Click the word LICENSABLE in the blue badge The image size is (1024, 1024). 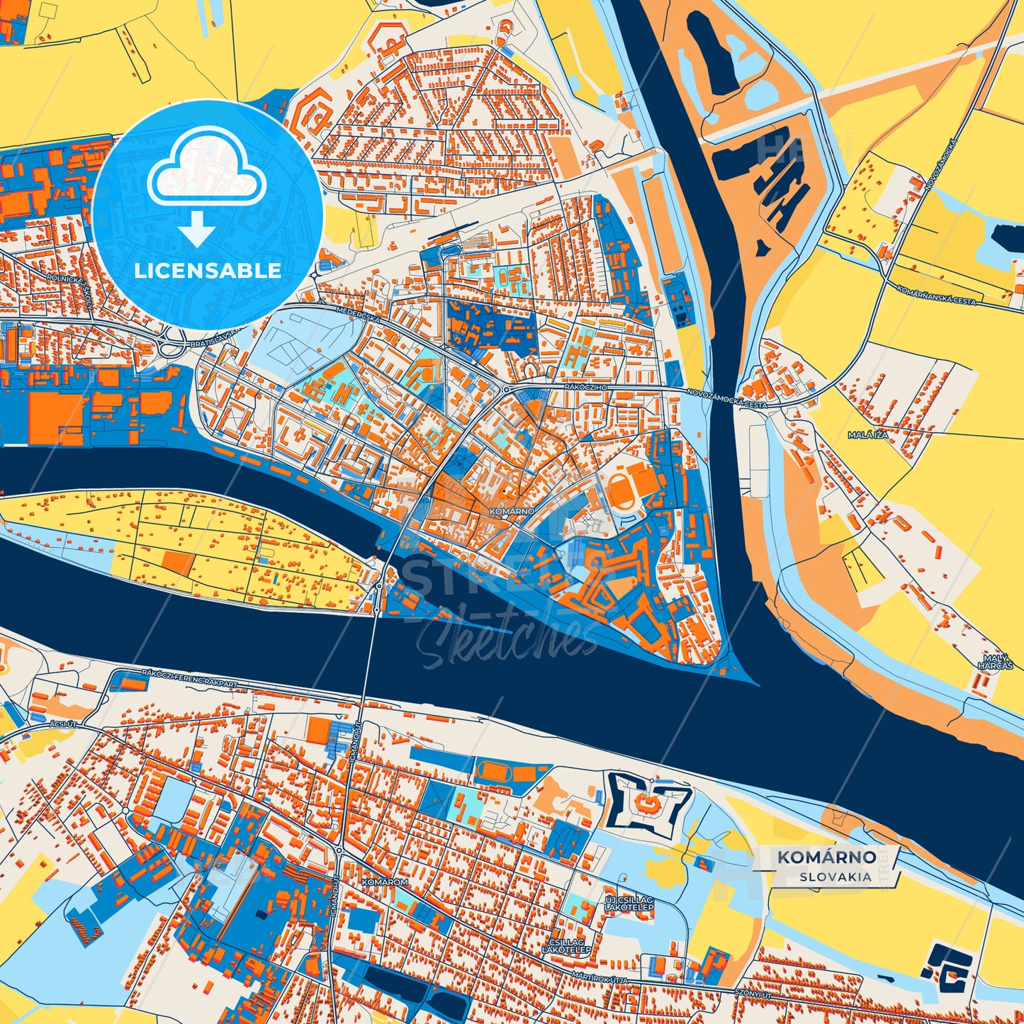click(208, 271)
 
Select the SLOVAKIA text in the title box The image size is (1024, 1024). click(835, 877)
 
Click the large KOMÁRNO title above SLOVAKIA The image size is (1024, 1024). click(826, 857)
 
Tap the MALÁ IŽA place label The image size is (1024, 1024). click(867, 434)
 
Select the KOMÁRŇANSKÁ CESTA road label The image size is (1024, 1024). click(935, 296)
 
